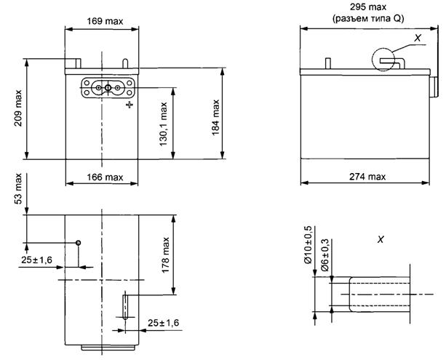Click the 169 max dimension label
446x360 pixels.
tap(105, 21)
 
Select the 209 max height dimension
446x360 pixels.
tap(18, 108)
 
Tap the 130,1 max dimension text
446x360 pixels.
tap(163, 124)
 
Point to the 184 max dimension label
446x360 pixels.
tap(216, 117)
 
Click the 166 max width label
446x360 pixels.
tap(105, 177)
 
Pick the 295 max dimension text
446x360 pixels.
tap(368, 7)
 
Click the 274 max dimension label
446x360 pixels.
tap(367, 177)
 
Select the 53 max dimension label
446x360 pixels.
tap(18, 188)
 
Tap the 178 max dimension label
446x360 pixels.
tap(166, 255)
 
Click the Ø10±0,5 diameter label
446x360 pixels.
tap(308, 245)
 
